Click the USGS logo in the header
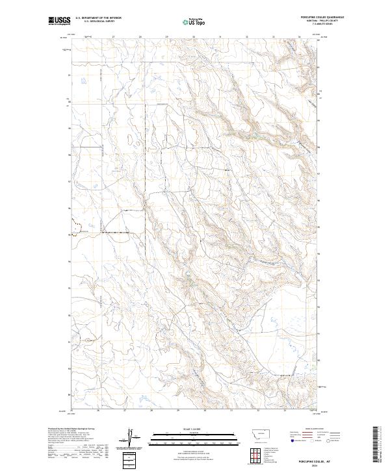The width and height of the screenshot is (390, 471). click(x=59, y=21)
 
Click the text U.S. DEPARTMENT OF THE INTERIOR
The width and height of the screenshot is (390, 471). click(x=98, y=18)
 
